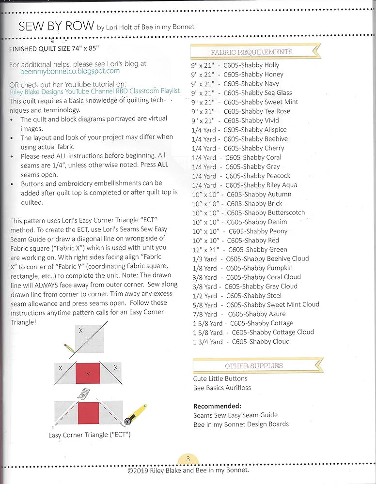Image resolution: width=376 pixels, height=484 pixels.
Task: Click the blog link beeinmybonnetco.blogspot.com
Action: click(70, 71)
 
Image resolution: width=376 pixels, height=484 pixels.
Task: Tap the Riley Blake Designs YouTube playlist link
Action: click(94, 91)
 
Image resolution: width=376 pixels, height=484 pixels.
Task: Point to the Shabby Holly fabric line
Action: click(235, 65)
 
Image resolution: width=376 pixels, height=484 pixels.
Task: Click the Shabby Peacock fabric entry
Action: click(241, 176)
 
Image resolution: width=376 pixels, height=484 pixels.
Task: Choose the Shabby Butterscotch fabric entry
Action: click(249, 212)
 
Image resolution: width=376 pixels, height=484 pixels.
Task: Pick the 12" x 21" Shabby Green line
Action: click(240, 249)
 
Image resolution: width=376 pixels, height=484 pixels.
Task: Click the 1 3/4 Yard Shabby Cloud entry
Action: click(241, 342)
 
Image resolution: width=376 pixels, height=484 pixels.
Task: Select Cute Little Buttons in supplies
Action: click(220, 378)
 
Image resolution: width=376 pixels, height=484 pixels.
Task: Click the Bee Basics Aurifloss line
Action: click(222, 388)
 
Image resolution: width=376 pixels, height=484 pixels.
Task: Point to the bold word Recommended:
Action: click(217, 406)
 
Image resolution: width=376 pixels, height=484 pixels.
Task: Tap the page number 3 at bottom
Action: click(188, 459)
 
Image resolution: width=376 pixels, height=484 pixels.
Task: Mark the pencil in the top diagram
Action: click(69, 347)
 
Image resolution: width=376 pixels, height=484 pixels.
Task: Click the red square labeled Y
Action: click(88, 374)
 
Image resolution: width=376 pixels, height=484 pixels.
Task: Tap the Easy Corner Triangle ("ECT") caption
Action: click(89, 435)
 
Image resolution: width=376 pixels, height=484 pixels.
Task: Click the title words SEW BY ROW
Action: click(56, 27)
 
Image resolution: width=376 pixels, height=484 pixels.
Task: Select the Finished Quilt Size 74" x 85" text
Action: click(54, 49)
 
